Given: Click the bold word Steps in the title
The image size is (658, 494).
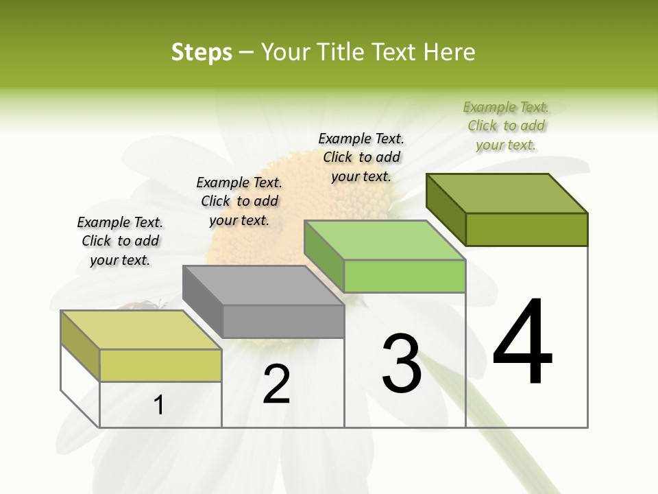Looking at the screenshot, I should (202, 52).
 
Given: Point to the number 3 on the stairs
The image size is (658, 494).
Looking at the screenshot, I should (402, 363).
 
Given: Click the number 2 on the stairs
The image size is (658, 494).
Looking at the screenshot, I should (277, 384).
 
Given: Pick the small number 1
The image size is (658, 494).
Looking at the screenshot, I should (159, 405).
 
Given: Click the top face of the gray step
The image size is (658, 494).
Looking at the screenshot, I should (263, 285).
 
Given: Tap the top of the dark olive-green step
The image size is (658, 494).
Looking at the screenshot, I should (507, 193).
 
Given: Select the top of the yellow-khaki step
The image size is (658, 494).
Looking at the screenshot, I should (141, 329).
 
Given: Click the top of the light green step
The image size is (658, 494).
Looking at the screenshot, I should (385, 240).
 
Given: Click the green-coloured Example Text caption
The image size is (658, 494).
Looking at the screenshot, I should (506, 126).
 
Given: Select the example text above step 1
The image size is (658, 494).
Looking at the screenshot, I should (120, 241).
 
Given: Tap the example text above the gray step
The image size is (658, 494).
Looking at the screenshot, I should (239, 201).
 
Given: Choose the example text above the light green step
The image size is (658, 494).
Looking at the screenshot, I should (361, 157).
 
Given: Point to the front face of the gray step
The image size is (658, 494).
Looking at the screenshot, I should (283, 322).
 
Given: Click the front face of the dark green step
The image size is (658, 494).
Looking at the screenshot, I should (526, 229).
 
